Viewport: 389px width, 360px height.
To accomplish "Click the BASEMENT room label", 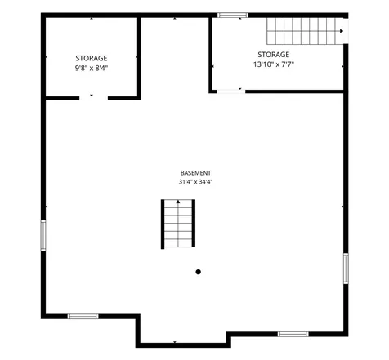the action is pyautogui.click(x=195, y=173).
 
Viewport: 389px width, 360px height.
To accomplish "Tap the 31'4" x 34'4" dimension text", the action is pyautogui.click(x=195, y=182).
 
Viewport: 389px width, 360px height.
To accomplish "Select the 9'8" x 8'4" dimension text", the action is pyautogui.click(x=92, y=68).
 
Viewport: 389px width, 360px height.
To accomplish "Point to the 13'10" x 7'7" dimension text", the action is pyautogui.click(x=274, y=64).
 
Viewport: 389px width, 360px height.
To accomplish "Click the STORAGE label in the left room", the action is pyautogui.click(x=92, y=58).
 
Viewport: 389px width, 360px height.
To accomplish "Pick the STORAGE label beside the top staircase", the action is pyautogui.click(x=274, y=55).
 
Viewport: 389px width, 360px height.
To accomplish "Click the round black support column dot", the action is pyautogui.click(x=199, y=272).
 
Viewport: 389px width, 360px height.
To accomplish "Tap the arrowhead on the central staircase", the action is pyautogui.click(x=178, y=202).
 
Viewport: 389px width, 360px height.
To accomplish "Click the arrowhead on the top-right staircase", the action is pyautogui.click(x=342, y=31).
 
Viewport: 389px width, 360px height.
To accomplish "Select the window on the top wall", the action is pyautogui.click(x=233, y=16).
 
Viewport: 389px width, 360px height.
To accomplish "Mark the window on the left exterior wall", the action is pyautogui.click(x=43, y=236).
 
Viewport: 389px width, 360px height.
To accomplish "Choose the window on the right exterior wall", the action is pyautogui.click(x=346, y=269).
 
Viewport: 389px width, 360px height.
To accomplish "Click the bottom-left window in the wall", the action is pyautogui.click(x=83, y=316).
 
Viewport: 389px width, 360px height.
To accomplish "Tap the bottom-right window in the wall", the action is pyautogui.click(x=293, y=334).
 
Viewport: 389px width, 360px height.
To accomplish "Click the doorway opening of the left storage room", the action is pyautogui.click(x=93, y=98).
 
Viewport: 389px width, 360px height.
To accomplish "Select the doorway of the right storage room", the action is pyautogui.click(x=231, y=91).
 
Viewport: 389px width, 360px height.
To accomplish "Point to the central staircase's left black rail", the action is pyautogui.click(x=163, y=224).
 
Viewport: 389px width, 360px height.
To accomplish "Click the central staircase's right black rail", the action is pyautogui.click(x=194, y=223).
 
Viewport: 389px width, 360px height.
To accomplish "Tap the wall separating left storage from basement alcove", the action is pyautogui.click(x=139, y=58).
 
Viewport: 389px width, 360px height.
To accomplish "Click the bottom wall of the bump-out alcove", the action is pyautogui.click(x=183, y=345).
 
